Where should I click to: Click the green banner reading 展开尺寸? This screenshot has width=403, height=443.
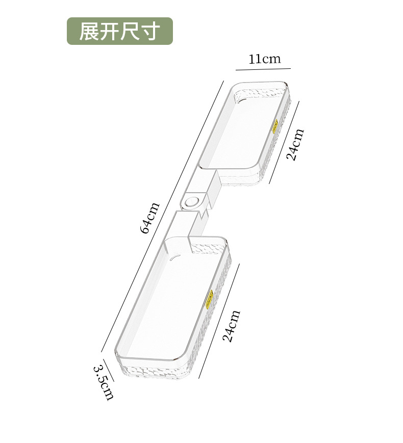pos(120,31)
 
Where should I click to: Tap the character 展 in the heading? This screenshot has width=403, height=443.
pos(88,31)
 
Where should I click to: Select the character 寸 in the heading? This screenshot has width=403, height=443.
pos(152,31)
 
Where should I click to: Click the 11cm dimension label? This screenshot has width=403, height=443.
pos(264,59)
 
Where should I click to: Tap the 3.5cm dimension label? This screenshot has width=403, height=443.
pos(104,381)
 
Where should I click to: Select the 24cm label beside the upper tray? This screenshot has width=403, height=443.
pos(295,144)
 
